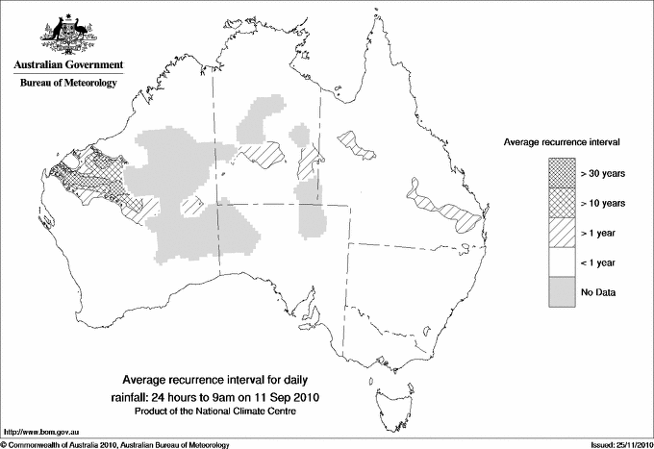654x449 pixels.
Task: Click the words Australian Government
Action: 67,65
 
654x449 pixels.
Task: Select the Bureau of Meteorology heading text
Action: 67,84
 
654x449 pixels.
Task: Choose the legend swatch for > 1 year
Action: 563,232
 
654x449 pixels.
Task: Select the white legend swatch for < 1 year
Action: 563,262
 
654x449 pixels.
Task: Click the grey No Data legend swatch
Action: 563,291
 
